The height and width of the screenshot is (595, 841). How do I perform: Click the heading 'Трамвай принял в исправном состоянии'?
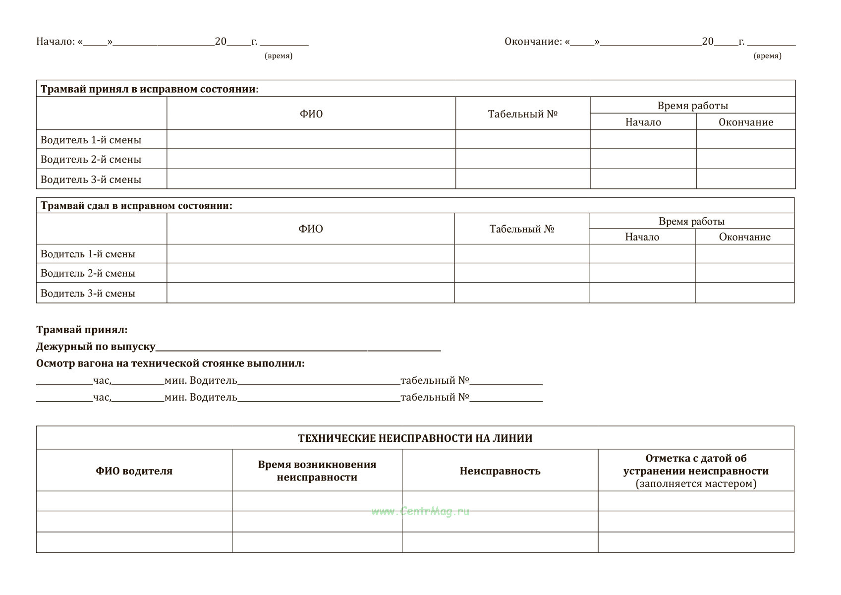149,89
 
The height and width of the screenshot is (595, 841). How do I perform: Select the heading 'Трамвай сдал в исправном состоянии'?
136,206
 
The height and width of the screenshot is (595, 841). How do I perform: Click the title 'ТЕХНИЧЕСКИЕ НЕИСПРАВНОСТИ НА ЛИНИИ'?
415,438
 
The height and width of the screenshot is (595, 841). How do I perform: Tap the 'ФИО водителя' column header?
134,471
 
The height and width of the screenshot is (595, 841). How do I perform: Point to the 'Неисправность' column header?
500,471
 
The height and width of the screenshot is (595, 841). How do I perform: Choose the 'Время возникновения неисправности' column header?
317,471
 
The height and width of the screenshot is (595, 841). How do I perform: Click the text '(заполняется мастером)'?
696,484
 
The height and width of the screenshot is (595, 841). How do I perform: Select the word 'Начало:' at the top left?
55,42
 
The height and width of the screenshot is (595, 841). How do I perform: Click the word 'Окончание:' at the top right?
533,42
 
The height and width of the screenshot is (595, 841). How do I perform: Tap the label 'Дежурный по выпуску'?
96,347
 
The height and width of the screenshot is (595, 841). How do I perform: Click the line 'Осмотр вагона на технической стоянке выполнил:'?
170,363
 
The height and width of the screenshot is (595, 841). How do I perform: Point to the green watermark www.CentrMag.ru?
420,511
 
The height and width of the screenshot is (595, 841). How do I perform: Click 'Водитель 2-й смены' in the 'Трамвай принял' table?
91,160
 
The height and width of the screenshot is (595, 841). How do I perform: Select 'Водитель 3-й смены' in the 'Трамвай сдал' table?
88,294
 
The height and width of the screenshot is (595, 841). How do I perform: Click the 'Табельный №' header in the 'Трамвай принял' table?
523,114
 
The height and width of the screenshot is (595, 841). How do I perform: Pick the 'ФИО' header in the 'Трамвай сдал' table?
311,229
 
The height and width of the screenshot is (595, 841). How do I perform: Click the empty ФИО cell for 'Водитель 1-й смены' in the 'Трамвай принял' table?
311,139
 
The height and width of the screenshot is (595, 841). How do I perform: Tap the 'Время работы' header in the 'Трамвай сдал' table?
691,222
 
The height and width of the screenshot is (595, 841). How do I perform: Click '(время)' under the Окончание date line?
767,56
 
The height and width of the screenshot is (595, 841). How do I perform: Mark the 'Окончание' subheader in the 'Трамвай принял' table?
746,122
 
